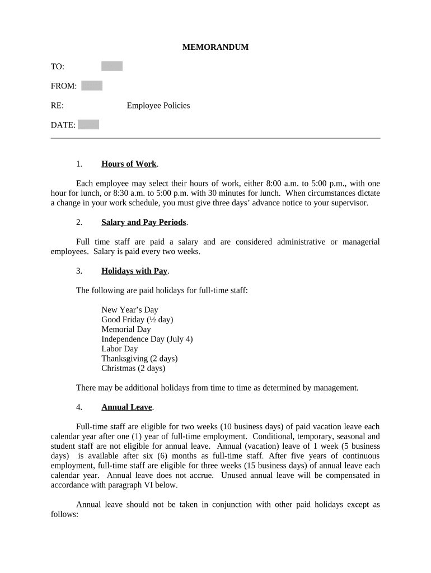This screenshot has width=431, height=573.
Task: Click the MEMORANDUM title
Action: coord(215,48)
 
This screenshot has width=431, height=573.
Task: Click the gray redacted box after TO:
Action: coord(112,67)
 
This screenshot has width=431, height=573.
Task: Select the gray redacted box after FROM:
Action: coord(92,86)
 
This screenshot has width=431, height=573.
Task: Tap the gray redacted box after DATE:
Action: coord(88,124)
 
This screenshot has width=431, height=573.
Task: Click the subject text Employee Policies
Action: coord(158,105)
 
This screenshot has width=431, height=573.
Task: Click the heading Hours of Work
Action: coord(129,164)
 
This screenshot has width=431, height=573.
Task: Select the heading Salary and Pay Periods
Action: coord(144,222)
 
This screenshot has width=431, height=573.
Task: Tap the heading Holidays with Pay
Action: coord(134,271)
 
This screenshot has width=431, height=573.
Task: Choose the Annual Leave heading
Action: coord(127,407)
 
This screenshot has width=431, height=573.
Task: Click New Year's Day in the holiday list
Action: coord(130,309)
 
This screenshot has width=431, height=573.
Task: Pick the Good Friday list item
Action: coord(137,320)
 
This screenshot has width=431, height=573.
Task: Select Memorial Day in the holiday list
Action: coord(126,329)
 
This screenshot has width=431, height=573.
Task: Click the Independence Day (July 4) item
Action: coord(147,339)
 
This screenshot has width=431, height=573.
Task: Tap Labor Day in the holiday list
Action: coord(119,349)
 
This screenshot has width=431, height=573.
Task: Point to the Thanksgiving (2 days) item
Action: coord(139,359)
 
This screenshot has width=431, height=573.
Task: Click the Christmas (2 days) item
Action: coord(133,368)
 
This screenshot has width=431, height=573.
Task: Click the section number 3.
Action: coord(79,271)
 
